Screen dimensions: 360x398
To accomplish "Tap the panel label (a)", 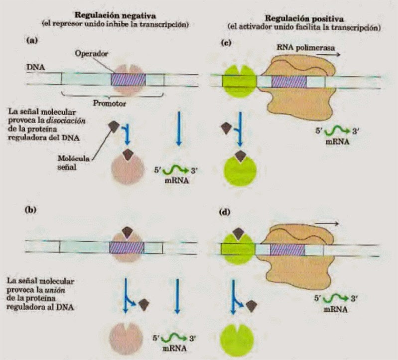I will [x=32, y=42].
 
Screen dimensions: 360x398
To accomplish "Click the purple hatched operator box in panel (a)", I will [x=128, y=79].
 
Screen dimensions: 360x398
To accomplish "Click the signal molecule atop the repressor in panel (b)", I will [x=128, y=231].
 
